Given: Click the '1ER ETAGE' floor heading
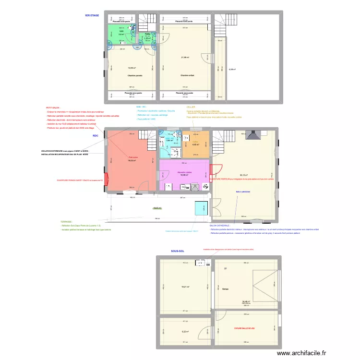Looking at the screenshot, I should pyautogui.click(x=92, y=15).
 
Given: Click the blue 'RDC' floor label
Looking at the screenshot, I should pyautogui.click(x=96, y=136).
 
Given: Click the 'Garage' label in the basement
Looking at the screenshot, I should pyautogui.click(x=225, y=289).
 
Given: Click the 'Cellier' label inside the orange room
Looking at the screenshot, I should pyautogui.click(x=195, y=142).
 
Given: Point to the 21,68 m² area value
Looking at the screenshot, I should pyautogui.click(x=185, y=58).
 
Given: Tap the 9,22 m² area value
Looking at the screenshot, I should pyautogui.click(x=185, y=331).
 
